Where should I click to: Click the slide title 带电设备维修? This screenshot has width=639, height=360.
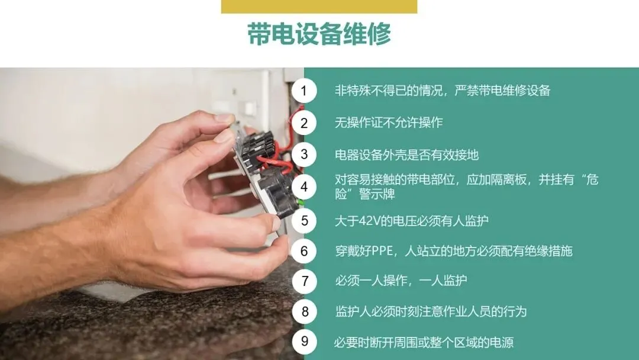pyautogui.click(x=319, y=33)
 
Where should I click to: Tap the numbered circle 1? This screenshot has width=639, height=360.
pyautogui.click(x=304, y=91)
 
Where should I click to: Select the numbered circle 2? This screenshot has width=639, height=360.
pyautogui.click(x=304, y=123)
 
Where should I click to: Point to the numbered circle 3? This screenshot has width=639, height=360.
pyautogui.click(x=304, y=155)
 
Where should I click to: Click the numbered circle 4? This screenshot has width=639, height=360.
pyautogui.click(x=304, y=187)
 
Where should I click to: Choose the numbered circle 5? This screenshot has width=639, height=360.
pyautogui.click(x=304, y=221)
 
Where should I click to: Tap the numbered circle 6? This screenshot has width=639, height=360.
pyautogui.click(x=304, y=250)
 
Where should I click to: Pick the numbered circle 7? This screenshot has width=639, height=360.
pyautogui.click(x=304, y=281)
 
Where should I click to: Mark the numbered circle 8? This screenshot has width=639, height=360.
pyautogui.click(x=304, y=311)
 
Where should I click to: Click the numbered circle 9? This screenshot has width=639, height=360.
pyautogui.click(x=304, y=341)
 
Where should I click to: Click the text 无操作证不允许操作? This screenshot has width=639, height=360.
pyautogui.click(x=389, y=123)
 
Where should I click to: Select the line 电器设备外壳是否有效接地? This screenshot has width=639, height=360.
pyautogui.click(x=406, y=155)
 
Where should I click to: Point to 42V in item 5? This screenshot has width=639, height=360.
pyautogui.click(x=369, y=221)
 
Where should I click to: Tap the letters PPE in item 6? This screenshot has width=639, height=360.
pyautogui.click(x=382, y=250)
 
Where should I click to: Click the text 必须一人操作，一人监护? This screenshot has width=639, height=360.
pyautogui.click(x=401, y=281)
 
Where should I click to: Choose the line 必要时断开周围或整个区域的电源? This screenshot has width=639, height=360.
pyautogui.click(x=424, y=342)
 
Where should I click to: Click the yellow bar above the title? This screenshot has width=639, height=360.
pyautogui.click(x=319, y=7)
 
